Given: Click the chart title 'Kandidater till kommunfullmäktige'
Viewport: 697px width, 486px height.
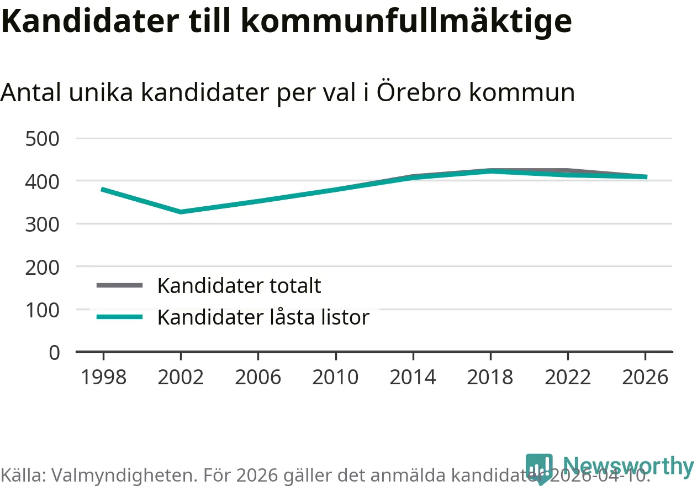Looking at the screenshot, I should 286,20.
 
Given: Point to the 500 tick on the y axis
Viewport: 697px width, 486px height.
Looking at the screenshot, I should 43,138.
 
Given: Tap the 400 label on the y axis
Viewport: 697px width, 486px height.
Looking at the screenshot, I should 43,181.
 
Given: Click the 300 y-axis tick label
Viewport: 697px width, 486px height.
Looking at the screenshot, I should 43,224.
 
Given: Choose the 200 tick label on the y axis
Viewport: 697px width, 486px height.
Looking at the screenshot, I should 43,266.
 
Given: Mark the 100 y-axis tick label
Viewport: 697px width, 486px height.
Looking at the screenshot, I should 43,310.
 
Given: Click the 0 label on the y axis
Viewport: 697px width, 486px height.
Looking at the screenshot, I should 54,352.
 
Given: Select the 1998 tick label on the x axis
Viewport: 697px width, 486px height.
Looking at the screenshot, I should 103,378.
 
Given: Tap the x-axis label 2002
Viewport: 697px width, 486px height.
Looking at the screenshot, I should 181,378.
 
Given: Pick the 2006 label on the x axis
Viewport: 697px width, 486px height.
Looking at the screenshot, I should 258,378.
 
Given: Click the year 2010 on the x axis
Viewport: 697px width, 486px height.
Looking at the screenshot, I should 335,378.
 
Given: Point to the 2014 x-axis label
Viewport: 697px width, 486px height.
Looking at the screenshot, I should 413,378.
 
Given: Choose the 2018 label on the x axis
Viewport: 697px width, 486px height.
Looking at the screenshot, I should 490,378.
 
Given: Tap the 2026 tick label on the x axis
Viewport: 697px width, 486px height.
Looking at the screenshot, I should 645,378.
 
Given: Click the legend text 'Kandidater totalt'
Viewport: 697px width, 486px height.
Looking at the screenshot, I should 239,286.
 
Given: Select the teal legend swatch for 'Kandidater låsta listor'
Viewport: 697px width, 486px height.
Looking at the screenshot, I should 119,317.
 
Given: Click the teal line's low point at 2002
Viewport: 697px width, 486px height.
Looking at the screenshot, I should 181,212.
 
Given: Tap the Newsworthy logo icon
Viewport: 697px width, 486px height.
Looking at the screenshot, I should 539,468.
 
